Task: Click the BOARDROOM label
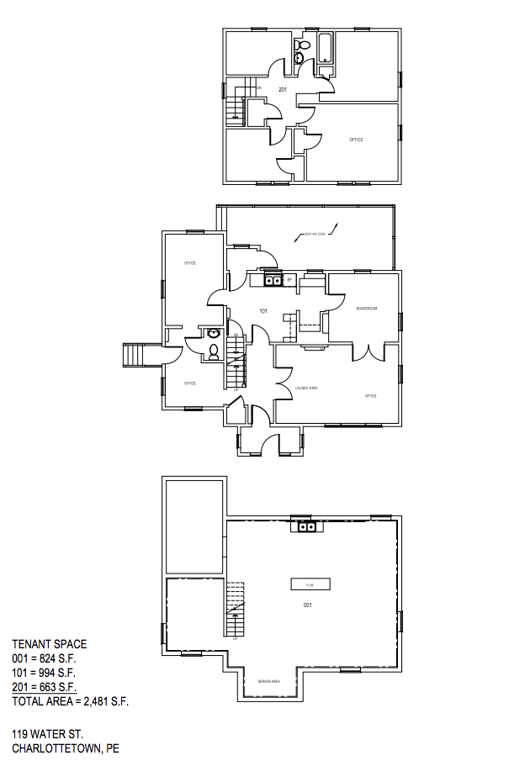pos(366,309)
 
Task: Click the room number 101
pos(263,311)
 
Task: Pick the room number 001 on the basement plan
pos(308,605)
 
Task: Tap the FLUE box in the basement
pos(310,583)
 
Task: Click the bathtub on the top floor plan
pos(325,49)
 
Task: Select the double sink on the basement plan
pos(308,527)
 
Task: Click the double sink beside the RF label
pos(273,280)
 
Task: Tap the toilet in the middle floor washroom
pos(213,354)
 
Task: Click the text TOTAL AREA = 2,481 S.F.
pos(70,700)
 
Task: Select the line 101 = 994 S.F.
pos(44,673)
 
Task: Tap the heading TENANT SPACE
pos(49,645)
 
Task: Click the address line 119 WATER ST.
pos(47,734)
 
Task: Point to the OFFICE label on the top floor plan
pos(356,140)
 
